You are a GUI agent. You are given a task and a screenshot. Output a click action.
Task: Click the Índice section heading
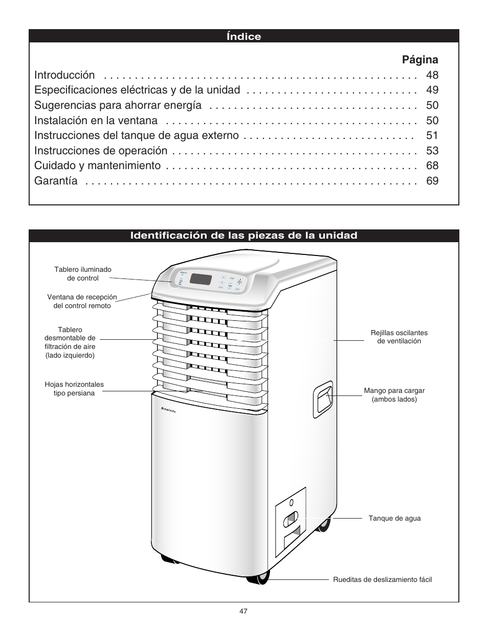pos(243,36)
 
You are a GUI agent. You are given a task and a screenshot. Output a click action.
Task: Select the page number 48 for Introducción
pos(432,75)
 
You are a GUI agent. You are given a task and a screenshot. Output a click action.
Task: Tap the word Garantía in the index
pos(56,181)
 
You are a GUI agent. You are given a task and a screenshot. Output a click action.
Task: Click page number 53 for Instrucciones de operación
pos(432,151)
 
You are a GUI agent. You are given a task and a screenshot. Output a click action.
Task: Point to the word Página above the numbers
pos(420,59)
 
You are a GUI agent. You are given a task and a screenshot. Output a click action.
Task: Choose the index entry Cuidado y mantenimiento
pos(97,166)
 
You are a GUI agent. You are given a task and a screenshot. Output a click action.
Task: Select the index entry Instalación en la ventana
pos(96,121)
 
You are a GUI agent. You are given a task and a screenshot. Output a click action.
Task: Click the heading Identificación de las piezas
pos(243,236)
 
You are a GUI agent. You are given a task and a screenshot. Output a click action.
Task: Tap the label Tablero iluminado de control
pos(83,274)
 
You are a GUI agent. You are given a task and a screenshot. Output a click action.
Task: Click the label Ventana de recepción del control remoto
pos(82,301)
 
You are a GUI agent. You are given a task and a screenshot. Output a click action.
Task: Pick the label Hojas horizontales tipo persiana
pos(74,389)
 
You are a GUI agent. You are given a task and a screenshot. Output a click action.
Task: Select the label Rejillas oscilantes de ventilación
pos(399,337)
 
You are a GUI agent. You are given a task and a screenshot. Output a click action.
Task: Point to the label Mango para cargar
pos(394,394)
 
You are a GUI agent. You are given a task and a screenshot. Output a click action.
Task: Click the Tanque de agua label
pos(394,518)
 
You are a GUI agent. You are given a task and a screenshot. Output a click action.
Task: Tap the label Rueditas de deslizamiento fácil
pos(382,579)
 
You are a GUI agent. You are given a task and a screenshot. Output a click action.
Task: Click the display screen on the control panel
pos(201,279)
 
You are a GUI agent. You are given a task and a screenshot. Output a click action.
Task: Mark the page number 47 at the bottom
pos(243,611)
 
